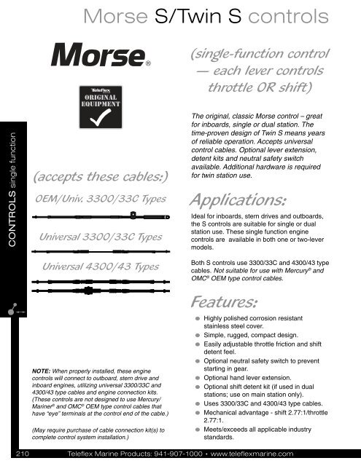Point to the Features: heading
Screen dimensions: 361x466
coord(224,301)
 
